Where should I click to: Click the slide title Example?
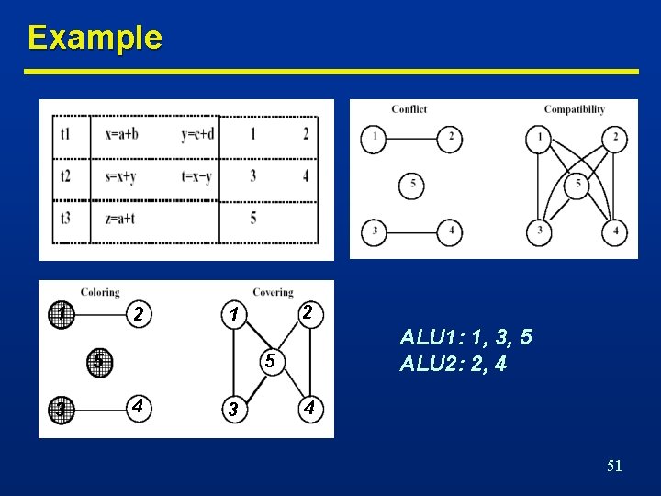95,38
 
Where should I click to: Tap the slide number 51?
614,467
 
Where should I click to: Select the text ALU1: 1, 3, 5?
465,338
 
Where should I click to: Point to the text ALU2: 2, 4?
453,365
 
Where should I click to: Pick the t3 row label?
65,218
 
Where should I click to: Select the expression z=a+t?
120,218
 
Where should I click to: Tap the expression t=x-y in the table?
197,175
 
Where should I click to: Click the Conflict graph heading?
409,109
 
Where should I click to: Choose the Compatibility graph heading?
574,109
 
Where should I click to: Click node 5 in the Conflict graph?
412,185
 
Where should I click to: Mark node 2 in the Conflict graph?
450,139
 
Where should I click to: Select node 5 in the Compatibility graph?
577,185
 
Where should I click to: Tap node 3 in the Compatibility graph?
540,231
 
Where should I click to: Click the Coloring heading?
100,292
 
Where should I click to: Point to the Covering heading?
273,292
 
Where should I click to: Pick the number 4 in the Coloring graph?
137,405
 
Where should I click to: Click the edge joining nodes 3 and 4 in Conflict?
412,231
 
